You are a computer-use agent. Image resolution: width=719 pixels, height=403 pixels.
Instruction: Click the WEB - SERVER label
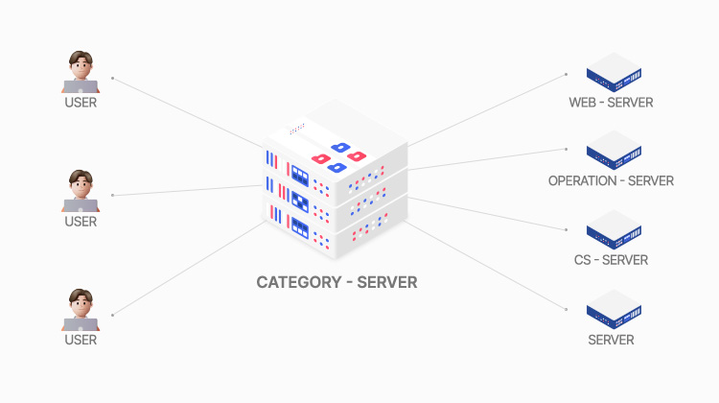click(x=611, y=102)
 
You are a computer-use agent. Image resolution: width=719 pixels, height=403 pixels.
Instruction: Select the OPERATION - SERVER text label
click(x=611, y=180)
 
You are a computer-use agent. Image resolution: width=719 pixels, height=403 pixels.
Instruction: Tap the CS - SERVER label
click(x=611, y=260)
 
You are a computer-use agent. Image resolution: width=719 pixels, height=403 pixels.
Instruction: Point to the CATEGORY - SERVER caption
click(x=336, y=283)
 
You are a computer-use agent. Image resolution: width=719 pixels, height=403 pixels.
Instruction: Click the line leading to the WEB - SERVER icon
click(x=499, y=108)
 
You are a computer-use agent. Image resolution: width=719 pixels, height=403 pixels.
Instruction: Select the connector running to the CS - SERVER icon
click(x=499, y=216)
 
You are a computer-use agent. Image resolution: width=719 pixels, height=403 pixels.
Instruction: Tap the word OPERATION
click(x=584, y=180)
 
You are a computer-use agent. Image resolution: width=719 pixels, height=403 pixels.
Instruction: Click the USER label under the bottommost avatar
click(x=81, y=340)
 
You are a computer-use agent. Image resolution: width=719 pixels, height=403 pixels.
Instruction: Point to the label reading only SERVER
click(x=611, y=340)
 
